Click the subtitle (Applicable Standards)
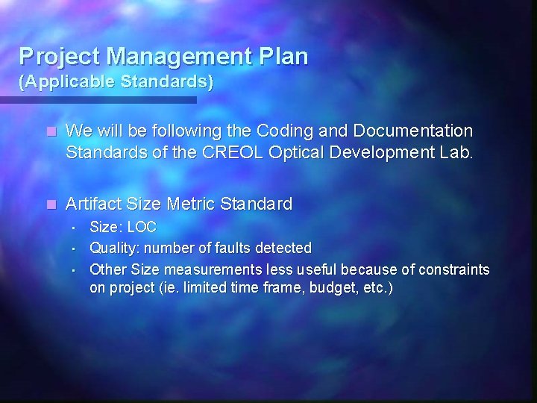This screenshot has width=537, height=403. [116, 81]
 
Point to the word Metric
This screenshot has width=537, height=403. [189, 203]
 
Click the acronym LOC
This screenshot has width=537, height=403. [142, 226]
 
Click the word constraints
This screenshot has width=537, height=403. [453, 268]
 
